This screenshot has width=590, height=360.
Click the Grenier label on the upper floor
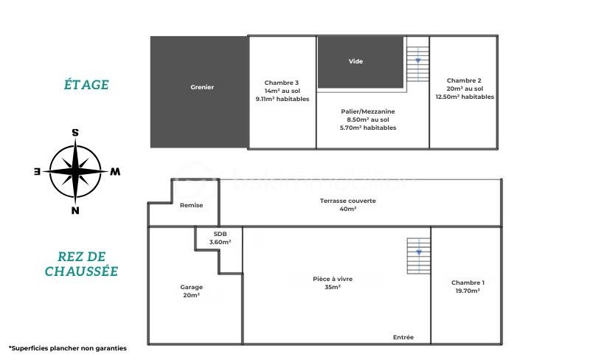pyautogui.click(x=202, y=87)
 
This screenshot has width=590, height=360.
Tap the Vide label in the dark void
pyautogui.click(x=355, y=61)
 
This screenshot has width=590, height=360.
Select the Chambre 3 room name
pyautogui.click(x=282, y=83)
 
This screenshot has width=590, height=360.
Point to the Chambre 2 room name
pyautogui.click(x=464, y=80)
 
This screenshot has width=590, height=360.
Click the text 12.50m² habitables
pyautogui.click(x=465, y=97)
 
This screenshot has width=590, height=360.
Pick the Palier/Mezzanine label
pyautogui.click(x=368, y=111)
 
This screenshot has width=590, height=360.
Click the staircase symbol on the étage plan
pyautogui.click(x=417, y=64)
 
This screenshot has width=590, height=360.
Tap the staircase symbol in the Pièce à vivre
pyautogui.click(x=419, y=256)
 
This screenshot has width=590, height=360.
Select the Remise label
pyautogui.click(x=191, y=205)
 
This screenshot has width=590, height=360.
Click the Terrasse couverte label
pyautogui.click(x=347, y=201)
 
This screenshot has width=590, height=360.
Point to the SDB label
pyautogui.click(x=220, y=234)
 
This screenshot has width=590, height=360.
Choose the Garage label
pyautogui.click(x=191, y=287)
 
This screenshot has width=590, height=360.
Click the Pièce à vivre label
pyautogui.click(x=333, y=279)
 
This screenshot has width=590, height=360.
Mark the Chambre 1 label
pyautogui.click(x=468, y=283)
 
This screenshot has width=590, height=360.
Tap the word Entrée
pyautogui.click(x=403, y=337)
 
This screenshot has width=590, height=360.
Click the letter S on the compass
pyautogui.click(x=75, y=133)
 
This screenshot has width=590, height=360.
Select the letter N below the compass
pyautogui.click(x=75, y=210)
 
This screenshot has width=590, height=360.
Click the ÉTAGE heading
pyautogui.click(x=86, y=84)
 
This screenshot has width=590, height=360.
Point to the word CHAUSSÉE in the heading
pyautogui.click(x=81, y=271)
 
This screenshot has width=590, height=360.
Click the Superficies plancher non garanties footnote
pyautogui.click(x=68, y=348)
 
